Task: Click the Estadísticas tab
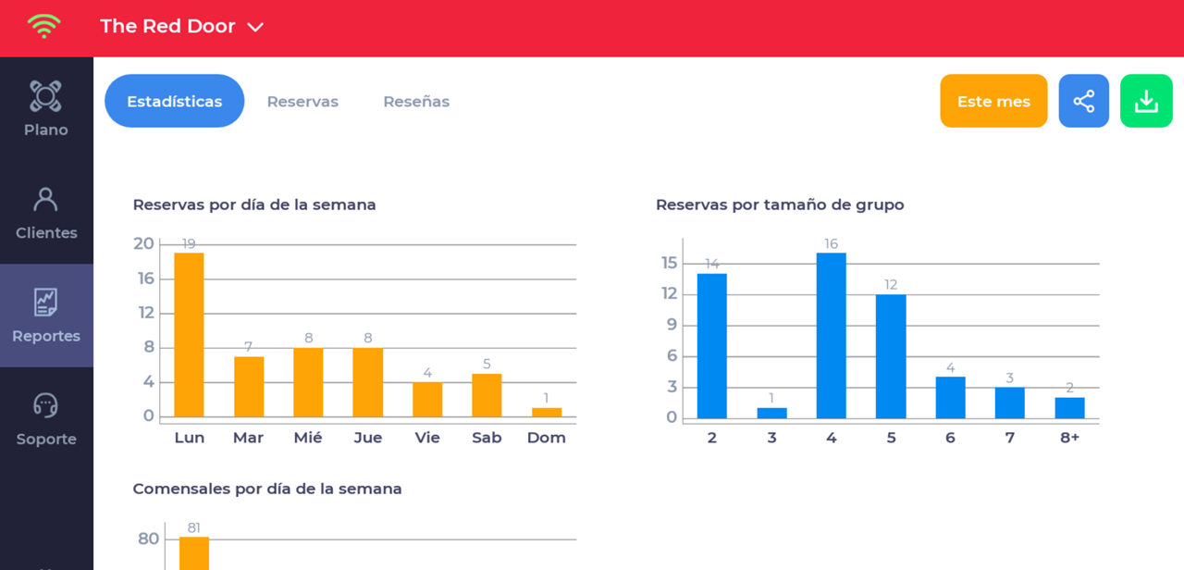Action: coord(174,101)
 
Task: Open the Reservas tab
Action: coord(302,102)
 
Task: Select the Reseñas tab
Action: coord(416,102)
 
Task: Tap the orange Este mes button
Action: coord(993,101)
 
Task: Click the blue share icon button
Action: coord(1083,101)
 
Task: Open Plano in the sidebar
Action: coord(45,108)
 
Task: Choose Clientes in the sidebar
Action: coord(45,212)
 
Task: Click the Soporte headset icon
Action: coord(45,405)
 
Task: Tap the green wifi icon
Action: coord(43,26)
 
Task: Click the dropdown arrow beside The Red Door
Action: coord(255,28)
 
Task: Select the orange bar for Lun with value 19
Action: coord(189,334)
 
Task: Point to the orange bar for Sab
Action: coord(487,395)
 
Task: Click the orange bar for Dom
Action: coord(546,412)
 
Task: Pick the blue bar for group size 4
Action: coord(831,335)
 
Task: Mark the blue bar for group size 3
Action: coord(771,413)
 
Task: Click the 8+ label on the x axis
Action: coord(1069,438)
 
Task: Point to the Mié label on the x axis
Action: coord(308,438)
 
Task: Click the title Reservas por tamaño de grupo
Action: coord(780,204)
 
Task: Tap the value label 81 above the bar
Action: coord(194,528)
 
